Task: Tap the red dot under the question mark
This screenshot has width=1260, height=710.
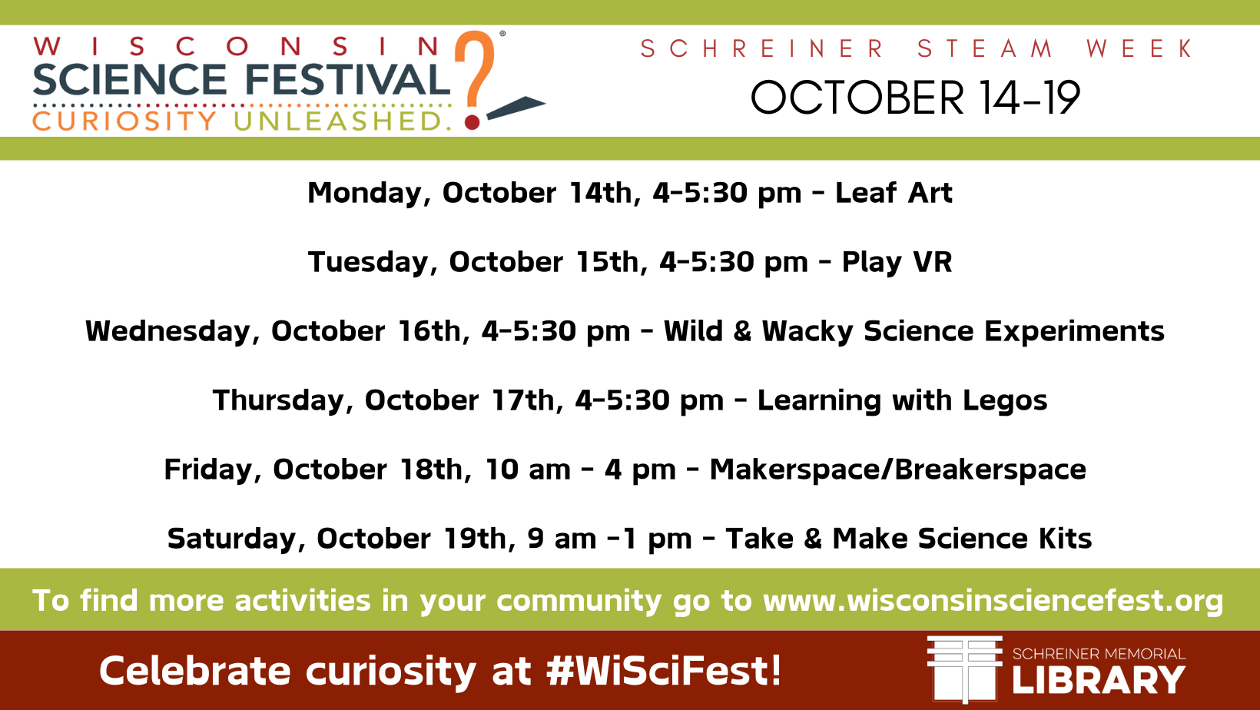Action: click(x=472, y=122)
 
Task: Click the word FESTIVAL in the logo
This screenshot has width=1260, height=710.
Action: click(x=347, y=79)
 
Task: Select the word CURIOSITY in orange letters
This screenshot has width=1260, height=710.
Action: click(x=124, y=121)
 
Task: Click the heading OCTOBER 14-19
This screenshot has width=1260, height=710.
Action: click(x=915, y=98)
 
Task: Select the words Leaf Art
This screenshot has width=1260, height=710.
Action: click(x=894, y=192)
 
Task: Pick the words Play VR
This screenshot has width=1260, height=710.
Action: click(x=897, y=262)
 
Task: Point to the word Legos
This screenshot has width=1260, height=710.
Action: click(x=1005, y=400)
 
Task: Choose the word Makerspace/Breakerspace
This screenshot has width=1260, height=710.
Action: click(x=897, y=469)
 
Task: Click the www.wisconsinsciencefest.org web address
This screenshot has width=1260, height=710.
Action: click(x=993, y=601)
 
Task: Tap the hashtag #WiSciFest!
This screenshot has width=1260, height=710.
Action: click(x=664, y=670)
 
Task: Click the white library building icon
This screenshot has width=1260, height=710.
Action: click(x=965, y=669)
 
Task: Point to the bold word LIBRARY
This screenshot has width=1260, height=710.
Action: click(x=1099, y=680)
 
